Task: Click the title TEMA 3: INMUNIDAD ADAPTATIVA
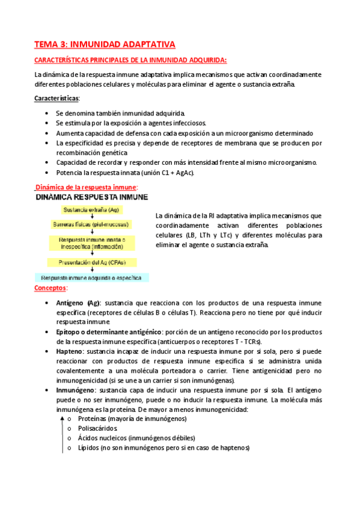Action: pos(105,45)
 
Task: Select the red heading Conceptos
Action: pos(50,289)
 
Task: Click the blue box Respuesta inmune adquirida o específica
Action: pos(92,277)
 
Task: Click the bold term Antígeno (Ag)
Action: pos(78,303)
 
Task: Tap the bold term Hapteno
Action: pos(70,350)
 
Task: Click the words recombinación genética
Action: pos(91,153)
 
